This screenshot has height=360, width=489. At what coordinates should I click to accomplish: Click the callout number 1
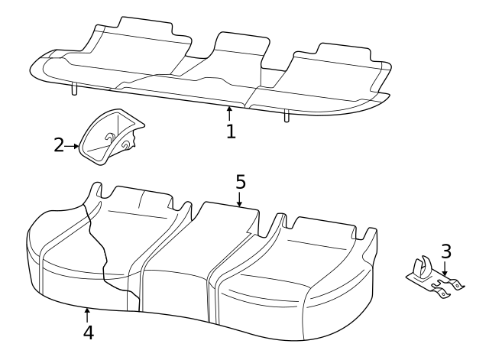[230, 131]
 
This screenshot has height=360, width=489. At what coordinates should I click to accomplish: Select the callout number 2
[59, 144]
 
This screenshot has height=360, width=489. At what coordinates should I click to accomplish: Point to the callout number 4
[88, 332]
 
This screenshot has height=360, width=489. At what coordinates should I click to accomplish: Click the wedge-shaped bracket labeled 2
[111, 138]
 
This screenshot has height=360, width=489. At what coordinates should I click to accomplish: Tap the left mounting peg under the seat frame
[74, 89]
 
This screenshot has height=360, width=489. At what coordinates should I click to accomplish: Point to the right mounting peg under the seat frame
[287, 115]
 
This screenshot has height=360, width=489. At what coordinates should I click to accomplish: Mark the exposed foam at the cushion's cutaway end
[65, 245]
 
